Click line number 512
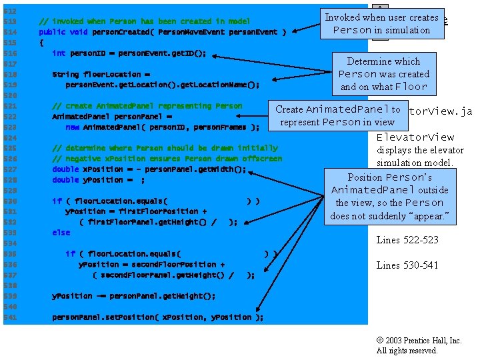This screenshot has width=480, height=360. [10, 11]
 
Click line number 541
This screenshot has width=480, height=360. [10, 317]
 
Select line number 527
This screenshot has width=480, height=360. [10, 169]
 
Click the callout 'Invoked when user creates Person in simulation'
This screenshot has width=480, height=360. [381, 23]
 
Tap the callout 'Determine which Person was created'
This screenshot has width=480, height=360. [383, 74]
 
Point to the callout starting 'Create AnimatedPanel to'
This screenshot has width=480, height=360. [337, 115]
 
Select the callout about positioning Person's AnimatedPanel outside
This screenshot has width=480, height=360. [390, 196]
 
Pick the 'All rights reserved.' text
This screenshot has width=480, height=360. [407, 351]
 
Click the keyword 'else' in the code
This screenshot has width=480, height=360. [61, 233]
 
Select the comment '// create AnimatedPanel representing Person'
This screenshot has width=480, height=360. [147, 106]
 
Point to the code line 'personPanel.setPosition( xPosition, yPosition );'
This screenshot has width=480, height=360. [158, 317]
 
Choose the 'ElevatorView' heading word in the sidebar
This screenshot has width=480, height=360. [415, 137]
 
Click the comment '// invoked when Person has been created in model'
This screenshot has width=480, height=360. [145, 21]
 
